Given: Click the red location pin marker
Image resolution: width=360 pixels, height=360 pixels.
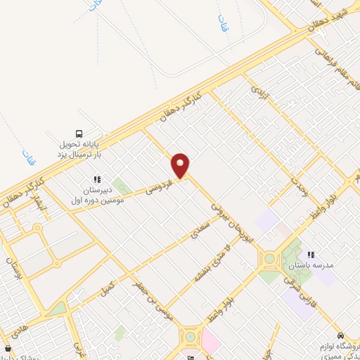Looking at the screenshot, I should (181, 165).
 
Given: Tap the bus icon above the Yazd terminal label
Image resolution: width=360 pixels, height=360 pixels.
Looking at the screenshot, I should (79, 134).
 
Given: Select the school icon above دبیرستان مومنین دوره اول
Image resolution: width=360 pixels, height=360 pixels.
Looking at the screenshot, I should (97, 179).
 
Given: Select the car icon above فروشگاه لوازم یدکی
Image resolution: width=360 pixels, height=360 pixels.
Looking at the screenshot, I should (341, 335).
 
